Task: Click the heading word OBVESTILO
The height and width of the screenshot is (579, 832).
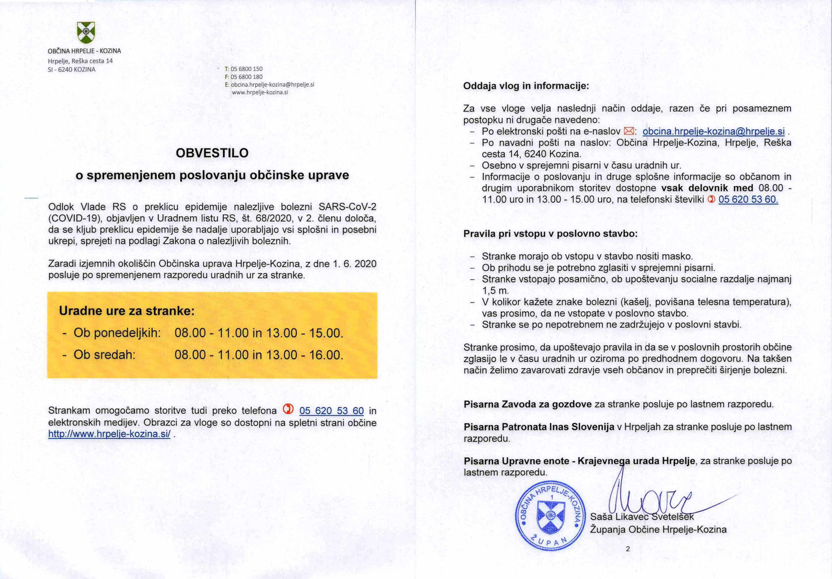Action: click(x=212, y=153)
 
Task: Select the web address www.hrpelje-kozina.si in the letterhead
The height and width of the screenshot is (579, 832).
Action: click(x=259, y=92)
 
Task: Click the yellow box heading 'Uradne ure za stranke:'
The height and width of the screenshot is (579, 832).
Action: click(x=127, y=311)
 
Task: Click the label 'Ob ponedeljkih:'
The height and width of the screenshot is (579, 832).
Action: click(x=117, y=333)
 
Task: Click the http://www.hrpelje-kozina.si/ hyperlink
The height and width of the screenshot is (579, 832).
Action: click(x=109, y=434)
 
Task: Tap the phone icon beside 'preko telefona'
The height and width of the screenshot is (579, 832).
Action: click(x=287, y=409)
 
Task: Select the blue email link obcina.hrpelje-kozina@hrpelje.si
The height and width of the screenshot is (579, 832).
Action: click(x=713, y=131)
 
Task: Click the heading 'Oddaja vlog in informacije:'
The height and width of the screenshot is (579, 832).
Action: click(x=526, y=86)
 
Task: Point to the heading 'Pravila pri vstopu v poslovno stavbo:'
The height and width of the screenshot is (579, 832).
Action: click(x=551, y=234)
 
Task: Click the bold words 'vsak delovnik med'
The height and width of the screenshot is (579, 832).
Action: click(x=707, y=188)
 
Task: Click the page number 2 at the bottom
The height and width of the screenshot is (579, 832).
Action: click(x=628, y=549)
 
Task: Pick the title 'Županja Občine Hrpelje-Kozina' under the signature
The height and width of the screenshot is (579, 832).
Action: click(x=658, y=529)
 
